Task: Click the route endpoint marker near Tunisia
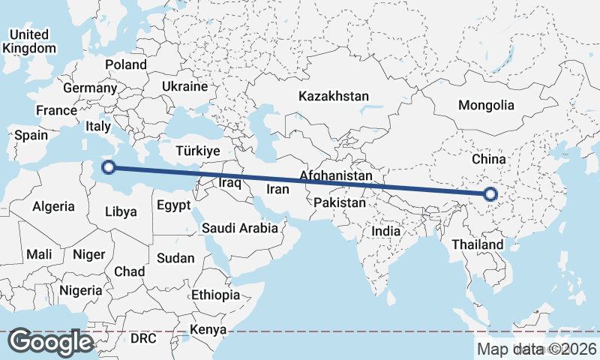[x=108, y=168]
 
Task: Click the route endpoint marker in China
[x=490, y=194]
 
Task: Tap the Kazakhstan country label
[x=334, y=96]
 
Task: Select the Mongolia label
[x=486, y=106]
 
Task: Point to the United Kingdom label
[x=28, y=41]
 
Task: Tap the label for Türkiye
[x=197, y=151]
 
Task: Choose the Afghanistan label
[x=335, y=176]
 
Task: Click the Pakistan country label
[x=340, y=202]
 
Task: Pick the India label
[x=386, y=231]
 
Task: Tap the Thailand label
[x=478, y=244]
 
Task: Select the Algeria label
[x=54, y=205]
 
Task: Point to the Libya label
[x=121, y=211]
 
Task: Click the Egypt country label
[x=174, y=204]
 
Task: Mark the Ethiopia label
[x=215, y=295]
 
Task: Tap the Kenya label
[x=208, y=329]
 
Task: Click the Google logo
[x=51, y=342]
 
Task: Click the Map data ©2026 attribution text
[x=536, y=349]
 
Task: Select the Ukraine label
[x=184, y=86]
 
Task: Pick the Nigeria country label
[x=80, y=289]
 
